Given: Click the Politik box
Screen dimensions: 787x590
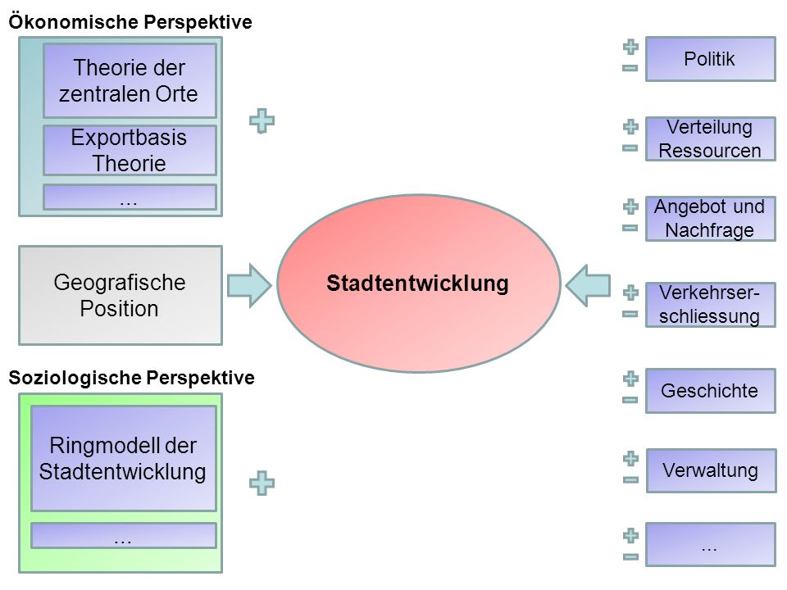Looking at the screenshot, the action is [710, 59].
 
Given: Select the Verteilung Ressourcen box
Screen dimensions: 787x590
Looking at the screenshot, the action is [710, 139].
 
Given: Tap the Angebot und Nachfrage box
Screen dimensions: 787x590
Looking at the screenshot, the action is [710, 219].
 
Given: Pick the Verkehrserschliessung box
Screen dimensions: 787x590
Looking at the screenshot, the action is [710, 305].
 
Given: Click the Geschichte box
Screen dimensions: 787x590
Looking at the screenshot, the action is [710, 391].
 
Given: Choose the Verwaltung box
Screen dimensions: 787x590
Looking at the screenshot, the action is [711, 470].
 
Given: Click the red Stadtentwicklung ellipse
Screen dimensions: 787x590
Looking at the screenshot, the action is [419, 284].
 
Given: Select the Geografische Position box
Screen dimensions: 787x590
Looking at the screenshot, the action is [121, 295].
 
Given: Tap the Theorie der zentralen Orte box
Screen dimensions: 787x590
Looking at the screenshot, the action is [130, 81].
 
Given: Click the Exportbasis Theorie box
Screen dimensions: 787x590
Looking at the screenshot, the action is [130, 150].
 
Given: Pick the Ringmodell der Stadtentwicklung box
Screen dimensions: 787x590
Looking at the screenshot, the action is [124, 459].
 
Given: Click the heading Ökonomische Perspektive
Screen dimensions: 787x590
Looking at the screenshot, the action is [130, 22].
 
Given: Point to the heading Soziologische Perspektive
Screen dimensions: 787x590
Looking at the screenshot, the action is [131, 377].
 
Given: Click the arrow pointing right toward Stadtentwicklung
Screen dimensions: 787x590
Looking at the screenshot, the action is [249, 285].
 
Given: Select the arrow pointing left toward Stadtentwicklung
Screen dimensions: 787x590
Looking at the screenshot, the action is [588, 285].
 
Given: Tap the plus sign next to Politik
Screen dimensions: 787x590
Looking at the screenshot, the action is [630, 48].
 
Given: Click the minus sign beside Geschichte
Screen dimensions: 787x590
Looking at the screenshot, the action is [630, 400].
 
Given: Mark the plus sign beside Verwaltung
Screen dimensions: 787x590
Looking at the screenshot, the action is [630, 459].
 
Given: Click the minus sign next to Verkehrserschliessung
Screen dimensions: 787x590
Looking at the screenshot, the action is [630, 314].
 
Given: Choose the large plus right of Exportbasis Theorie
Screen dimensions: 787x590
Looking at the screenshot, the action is [262, 121].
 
